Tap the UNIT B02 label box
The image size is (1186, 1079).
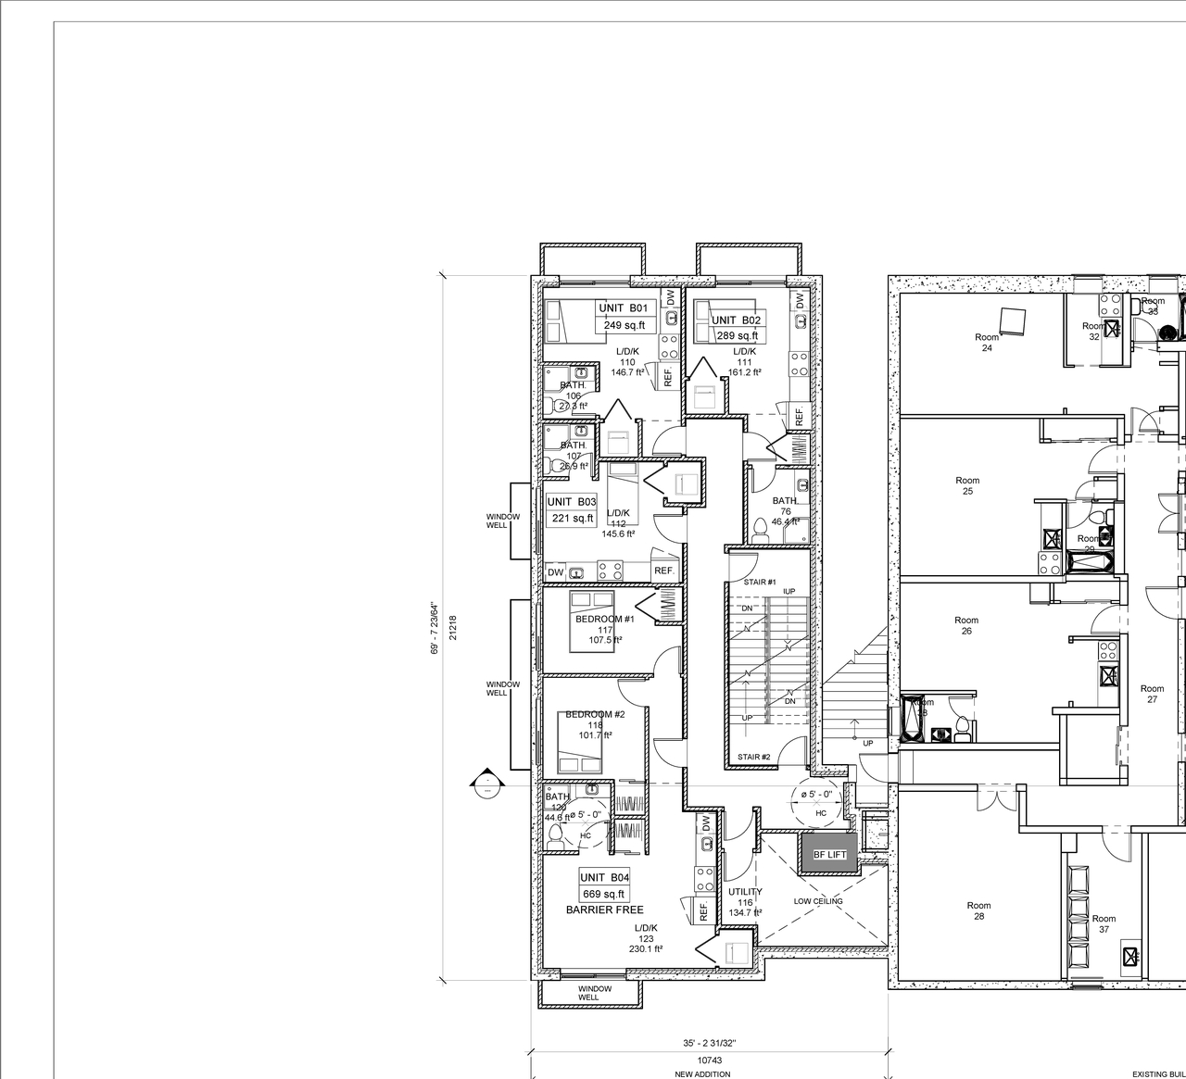point(736,320)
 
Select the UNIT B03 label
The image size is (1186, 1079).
point(572,502)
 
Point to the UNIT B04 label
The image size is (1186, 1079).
point(605,878)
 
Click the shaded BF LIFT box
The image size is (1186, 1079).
point(829,855)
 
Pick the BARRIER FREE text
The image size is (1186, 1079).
point(604,910)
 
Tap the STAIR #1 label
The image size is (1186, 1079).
point(761,582)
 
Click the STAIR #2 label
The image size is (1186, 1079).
point(754,758)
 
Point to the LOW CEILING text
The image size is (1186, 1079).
point(818,901)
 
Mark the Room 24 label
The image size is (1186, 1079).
point(987,343)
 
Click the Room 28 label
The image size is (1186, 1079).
point(978,911)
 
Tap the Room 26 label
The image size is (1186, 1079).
point(966,626)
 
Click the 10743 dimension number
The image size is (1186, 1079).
point(709,1060)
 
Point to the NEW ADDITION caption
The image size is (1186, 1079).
point(702,1074)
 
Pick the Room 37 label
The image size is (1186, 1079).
point(1104,924)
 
